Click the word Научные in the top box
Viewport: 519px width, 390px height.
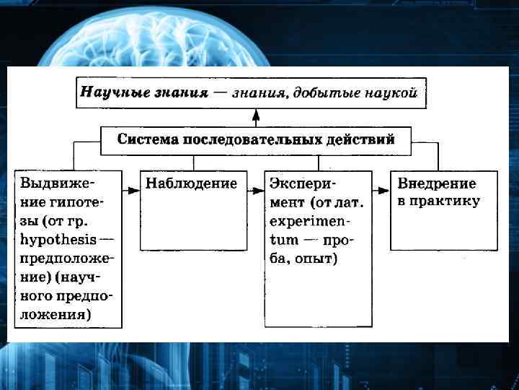coord(107,92)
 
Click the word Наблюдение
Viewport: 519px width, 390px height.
coord(192,183)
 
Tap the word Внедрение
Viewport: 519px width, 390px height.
coord(437,183)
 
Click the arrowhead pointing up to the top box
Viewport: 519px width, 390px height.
coord(255,114)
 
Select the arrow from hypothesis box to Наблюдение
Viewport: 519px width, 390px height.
coord(130,190)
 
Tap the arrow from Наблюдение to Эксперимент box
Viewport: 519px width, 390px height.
coord(256,190)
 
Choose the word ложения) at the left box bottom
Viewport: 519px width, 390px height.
coord(56,314)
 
